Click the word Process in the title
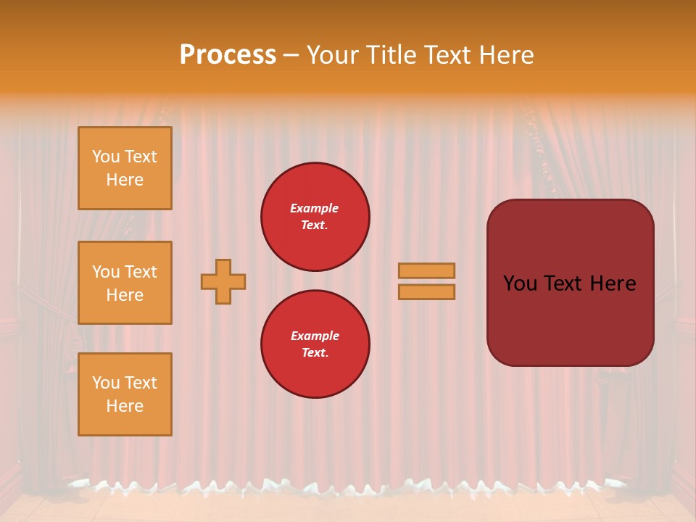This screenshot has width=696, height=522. (x=228, y=55)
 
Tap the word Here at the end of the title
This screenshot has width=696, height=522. (x=505, y=55)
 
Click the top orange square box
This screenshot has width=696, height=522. (x=125, y=168)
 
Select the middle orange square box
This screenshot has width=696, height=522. (x=125, y=283)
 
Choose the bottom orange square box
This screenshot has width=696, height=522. (x=125, y=394)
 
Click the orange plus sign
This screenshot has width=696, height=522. (x=223, y=281)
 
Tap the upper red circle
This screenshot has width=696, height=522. (x=315, y=217)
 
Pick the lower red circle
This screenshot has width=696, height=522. (x=315, y=344)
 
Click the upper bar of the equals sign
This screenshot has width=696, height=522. (x=427, y=271)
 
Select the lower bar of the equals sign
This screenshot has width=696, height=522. (x=427, y=292)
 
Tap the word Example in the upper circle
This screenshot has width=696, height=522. (x=314, y=208)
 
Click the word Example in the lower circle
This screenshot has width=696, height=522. (x=315, y=336)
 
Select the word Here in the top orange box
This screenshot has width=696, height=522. (x=125, y=180)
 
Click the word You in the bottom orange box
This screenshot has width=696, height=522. (x=106, y=383)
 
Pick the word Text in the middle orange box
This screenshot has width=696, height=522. (x=141, y=272)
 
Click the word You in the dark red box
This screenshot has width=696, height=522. (x=521, y=283)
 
